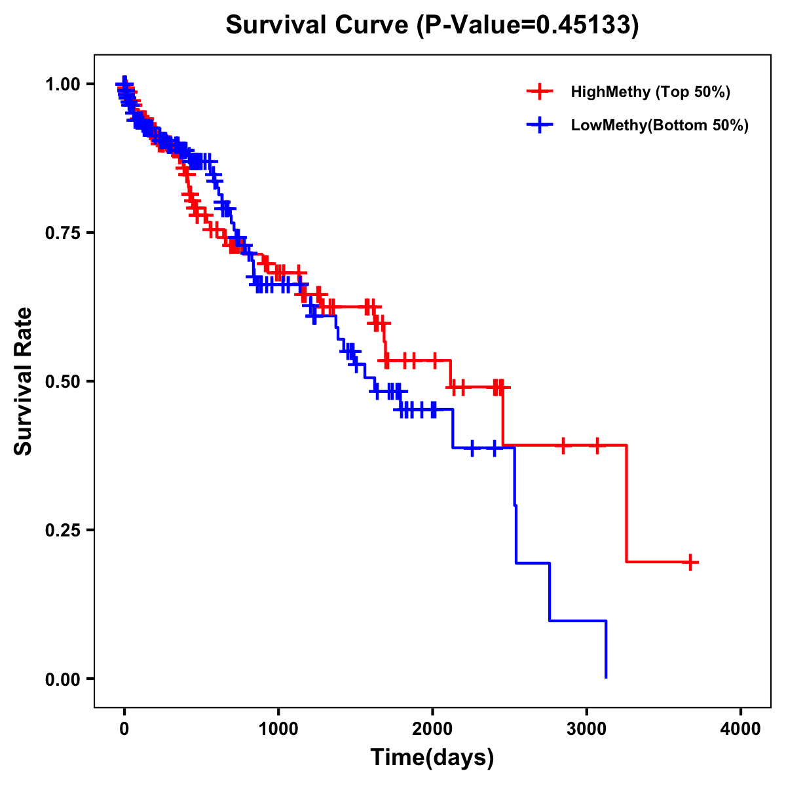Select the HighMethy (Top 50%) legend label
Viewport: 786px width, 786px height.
(x=650, y=92)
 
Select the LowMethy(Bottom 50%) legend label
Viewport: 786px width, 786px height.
(x=660, y=125)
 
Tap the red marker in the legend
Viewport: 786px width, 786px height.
(x=540, y=92)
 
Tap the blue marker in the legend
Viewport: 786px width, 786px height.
(x=540, y=125)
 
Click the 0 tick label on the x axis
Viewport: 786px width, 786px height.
(x=124, y=729)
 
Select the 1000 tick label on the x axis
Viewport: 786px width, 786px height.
(x=278, y=729)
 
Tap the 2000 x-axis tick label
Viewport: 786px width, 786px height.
(x=432, y=729)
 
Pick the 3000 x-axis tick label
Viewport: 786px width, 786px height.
(x=587, y=729)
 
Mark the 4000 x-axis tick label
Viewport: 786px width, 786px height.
(x=741, y=729)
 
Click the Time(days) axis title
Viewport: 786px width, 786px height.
(x=432, y=757)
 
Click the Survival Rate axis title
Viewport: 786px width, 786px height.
(x=24, y=381)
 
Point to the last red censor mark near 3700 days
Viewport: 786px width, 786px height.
(x=690, y=562)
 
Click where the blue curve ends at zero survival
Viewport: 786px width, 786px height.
(x=606, y=677)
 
